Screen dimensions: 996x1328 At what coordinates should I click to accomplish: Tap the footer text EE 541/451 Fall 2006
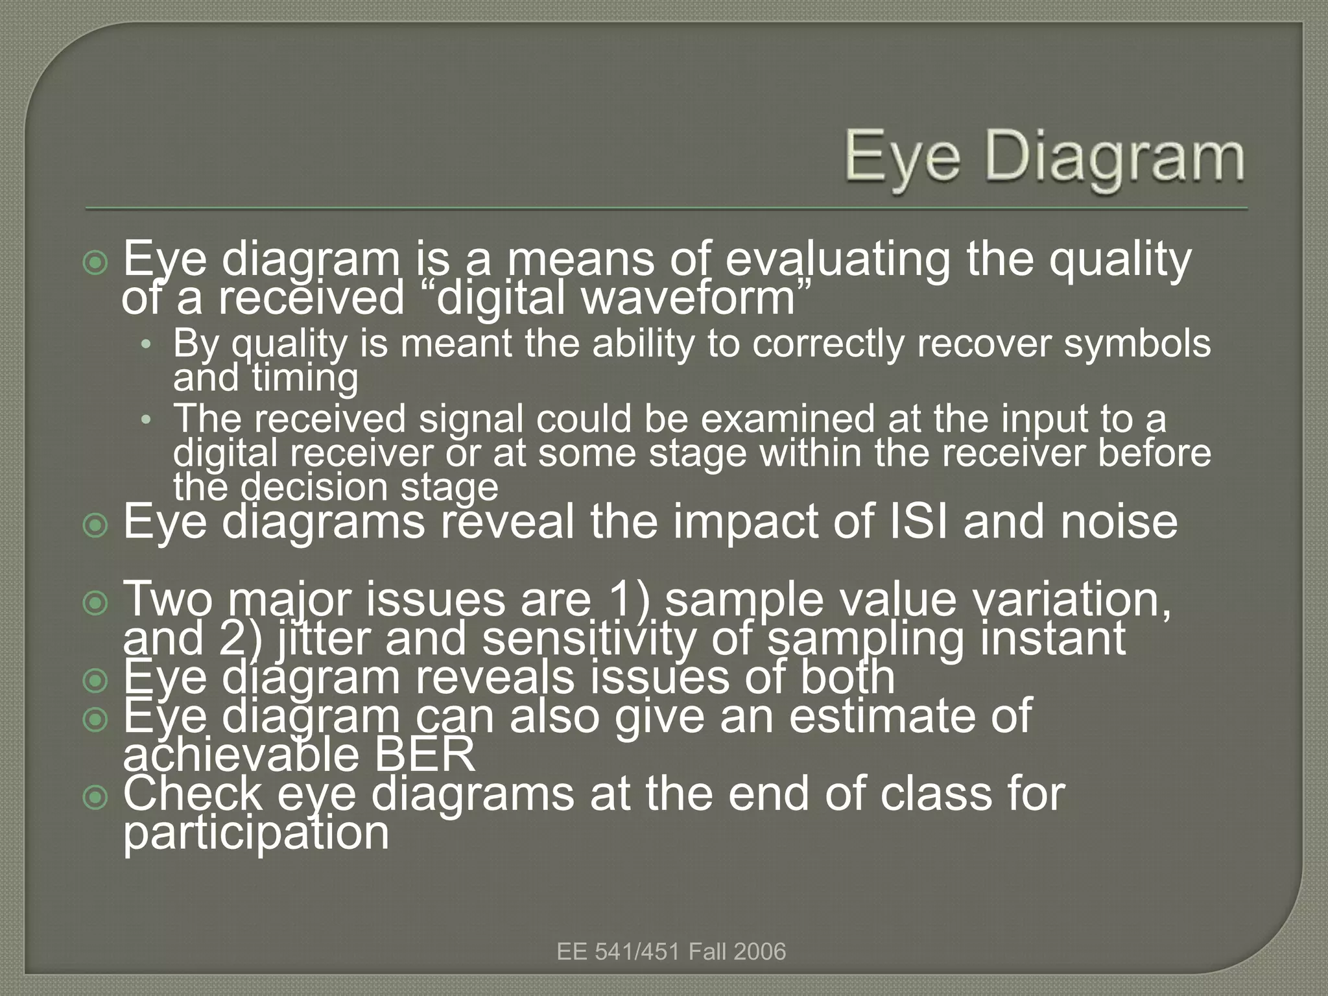[x=671, y=952]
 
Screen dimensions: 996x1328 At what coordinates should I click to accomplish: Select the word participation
[x=256, y=833]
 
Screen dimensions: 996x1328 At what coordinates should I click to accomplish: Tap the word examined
[x=788, y=419]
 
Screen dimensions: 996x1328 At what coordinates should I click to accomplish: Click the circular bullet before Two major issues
[x=96, y=604]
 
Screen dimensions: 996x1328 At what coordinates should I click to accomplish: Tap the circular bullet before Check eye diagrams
[x=96, y=798]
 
